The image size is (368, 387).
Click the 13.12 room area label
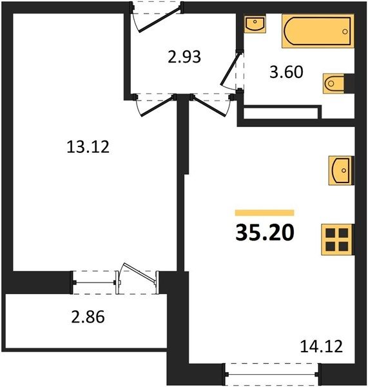(x=88, y=146)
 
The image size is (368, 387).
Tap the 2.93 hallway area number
(x=184, y=57)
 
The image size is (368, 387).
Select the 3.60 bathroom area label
(x=286, y=72)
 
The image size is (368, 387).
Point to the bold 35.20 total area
(x=265, y=232)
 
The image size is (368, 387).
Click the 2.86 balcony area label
(x=88, y=317)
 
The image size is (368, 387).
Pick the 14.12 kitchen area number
(x=322, y=346)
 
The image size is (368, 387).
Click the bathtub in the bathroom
(x=318, y=31)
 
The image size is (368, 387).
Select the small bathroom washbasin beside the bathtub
(x=255, y=23)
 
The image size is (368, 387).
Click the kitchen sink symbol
(x=341, y=170)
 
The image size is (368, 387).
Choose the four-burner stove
(x=337, y=239)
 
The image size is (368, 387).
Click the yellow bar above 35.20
(x=265, y=212)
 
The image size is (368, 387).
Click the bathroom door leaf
(x=230, y=68)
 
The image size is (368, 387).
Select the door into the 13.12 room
(x=155, y=106)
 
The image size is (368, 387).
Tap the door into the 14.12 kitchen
(x=210, y=105)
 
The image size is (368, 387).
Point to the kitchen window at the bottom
(x=272, y=374)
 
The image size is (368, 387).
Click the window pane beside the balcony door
(x=94, y=283)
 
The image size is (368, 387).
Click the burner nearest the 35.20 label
(x=330, y=233)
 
